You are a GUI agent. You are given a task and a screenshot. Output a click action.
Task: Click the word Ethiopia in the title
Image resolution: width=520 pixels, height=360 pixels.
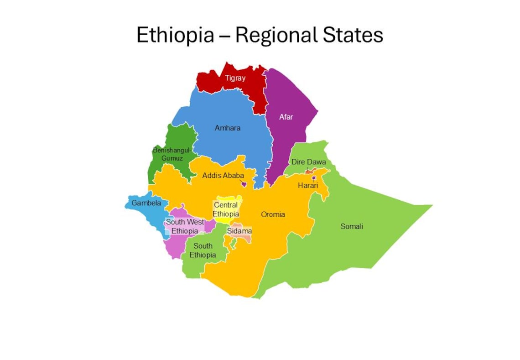(x=175, y=35)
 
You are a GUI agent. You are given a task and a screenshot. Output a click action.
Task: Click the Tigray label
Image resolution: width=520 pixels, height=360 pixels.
(x=235, y=78)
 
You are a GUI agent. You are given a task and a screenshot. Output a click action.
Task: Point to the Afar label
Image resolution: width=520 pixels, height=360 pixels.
(x=286, y=117)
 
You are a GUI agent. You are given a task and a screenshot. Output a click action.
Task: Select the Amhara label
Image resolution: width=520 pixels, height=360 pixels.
(x=227, y=128)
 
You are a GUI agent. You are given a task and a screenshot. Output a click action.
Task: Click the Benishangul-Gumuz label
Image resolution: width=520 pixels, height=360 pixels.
(x=172, y=154)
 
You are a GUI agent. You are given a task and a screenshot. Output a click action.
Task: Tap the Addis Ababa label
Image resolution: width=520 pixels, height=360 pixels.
(x=223, y=175)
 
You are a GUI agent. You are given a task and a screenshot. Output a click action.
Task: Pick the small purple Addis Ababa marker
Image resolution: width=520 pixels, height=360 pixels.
(x=244, y=184)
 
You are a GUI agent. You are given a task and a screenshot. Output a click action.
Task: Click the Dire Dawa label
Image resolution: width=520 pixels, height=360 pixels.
(x=309, y=162)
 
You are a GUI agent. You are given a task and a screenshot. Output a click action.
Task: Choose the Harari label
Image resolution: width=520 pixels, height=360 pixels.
(x=308, y=185)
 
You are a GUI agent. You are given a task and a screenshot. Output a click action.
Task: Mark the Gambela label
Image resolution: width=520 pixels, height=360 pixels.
(x=146, y=203)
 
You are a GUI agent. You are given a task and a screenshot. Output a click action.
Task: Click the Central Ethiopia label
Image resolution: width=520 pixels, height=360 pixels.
(x=226, y=209)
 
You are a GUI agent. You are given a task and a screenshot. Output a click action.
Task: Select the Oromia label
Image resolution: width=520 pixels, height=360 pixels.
(x=273, y=214)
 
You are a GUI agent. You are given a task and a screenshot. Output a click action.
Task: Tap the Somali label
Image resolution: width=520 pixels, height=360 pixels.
(x=352, y=226)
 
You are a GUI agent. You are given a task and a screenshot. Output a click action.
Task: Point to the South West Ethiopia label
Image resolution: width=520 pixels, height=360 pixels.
(x=185, y=226)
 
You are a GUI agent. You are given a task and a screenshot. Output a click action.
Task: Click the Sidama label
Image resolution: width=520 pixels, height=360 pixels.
(x=239, y=231)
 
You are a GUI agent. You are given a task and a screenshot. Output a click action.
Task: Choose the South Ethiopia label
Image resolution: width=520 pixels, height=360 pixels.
(x=203, y=250)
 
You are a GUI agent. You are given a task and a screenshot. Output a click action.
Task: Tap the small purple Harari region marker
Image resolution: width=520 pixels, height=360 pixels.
(x=314, y=178)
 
